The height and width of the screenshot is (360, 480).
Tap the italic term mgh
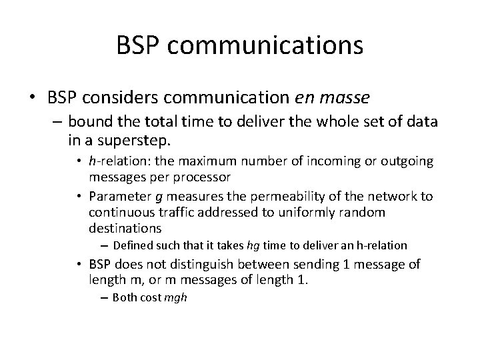(x=175, y=297)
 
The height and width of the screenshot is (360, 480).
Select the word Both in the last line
(x=125, y=297)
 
